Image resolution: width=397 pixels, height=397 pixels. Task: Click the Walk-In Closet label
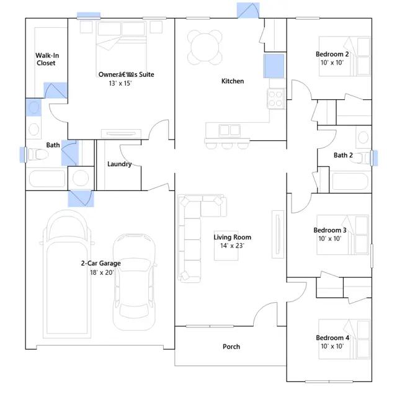click(x=47, y=59)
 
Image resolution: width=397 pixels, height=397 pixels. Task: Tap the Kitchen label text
click(x=233, y=81)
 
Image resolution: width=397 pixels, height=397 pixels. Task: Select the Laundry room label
click(x=119, y=164)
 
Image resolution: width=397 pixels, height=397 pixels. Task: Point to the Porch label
click(x=231, y=346)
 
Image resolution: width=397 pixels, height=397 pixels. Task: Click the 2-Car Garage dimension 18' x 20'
click(x=102, y=272)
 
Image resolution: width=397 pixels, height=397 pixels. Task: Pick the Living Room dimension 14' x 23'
click(x=232, y=246)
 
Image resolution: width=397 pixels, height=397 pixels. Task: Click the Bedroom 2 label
click(x=332, y=54)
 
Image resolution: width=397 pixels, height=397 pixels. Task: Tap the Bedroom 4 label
click(x=332, y=337)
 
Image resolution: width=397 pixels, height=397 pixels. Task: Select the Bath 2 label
click(x=343, y=155)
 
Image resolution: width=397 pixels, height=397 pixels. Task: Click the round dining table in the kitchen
click(x=205, y=47)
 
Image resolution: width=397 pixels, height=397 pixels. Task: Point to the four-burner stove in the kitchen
click(x=275, y=99)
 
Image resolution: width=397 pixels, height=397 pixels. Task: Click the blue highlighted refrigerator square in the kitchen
click(x=274, y=66)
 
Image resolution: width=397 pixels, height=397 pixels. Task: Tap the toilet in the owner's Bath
click(x=38, y=154)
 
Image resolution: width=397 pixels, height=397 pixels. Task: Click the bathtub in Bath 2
click(x=350, y=181)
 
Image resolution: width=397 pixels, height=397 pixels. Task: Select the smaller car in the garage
click(x=134, y=282)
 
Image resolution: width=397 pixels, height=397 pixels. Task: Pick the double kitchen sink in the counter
click(x=230, y=130)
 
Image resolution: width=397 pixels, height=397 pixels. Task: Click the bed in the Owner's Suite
click(x=122, y=45)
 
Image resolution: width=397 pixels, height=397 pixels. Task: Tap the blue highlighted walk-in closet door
click(x=55, y=91)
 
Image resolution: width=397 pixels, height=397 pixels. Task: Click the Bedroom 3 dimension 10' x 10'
click(x=330, y=238)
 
